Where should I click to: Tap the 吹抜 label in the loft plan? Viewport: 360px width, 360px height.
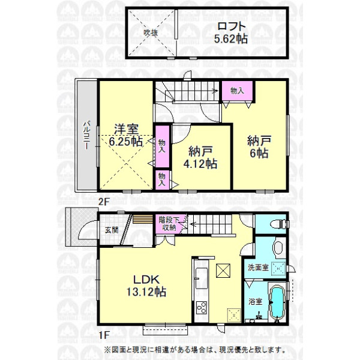(151, 33)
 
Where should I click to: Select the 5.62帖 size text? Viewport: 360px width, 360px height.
(231, 39)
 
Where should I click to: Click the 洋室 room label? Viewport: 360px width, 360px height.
(126, 130)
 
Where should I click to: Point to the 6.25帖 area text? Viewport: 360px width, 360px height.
(126, 142)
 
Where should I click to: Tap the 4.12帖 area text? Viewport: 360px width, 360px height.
(200, 164)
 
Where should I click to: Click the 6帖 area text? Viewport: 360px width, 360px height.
(259, 153)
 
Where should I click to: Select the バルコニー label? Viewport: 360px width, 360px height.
(87, 135)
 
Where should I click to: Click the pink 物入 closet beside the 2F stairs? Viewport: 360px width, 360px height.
(237, 91)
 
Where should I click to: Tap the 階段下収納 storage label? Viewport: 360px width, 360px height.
(169, 224)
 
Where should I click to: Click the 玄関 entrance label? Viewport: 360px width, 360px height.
(112, 230)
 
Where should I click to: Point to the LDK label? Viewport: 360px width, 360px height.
(146, 280)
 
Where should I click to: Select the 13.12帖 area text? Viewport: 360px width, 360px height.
(146, 292)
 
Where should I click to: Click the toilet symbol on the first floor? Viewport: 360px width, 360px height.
(279, 224)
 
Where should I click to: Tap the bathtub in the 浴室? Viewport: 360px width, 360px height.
(278, 302)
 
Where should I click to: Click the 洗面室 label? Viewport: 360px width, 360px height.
(258, 268)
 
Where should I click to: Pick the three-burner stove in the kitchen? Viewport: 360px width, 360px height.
(201, 308)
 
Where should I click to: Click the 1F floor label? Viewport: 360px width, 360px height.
(103, 335)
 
